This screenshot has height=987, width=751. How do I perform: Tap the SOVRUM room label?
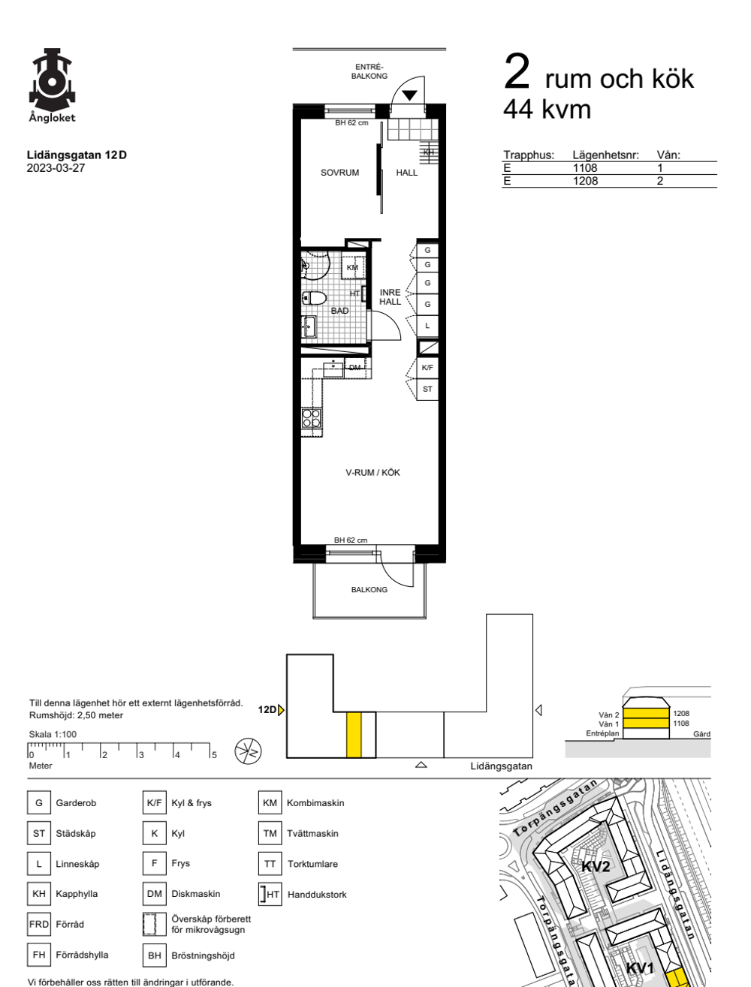click(x=339, y=173)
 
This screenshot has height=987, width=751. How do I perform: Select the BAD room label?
click(x=339, y=311)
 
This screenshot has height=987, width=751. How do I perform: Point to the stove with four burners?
click(x=311, y=418)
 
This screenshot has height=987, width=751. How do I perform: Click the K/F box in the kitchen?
click(x=427, y=367)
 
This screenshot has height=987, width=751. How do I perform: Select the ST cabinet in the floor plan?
click(x=427, y=389)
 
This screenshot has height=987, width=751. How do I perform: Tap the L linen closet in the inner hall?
click(x=427, y=325)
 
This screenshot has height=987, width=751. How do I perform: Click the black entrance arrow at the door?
click(x=409, y=95)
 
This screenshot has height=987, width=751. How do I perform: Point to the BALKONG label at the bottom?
click(x=369, y=589)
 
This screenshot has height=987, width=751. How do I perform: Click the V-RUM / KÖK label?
click(x=372, y=473)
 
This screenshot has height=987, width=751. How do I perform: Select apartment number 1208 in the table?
click(x=585, y=181)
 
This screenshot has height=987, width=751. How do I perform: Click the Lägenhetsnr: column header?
click(x=605, y=155)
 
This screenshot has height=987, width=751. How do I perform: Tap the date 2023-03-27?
click(x=56, y=168)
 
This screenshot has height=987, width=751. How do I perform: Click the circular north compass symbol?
click(x=249, y=751)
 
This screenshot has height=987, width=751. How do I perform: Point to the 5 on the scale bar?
click(x=214, y=755)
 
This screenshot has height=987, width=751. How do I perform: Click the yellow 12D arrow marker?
click(x=281, y=710)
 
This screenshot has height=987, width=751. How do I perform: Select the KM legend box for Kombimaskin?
click(x=270, y=802)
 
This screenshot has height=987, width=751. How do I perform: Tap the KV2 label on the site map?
click(x=596, y=866)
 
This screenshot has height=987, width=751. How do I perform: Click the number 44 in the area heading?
click(x=517, y=110)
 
